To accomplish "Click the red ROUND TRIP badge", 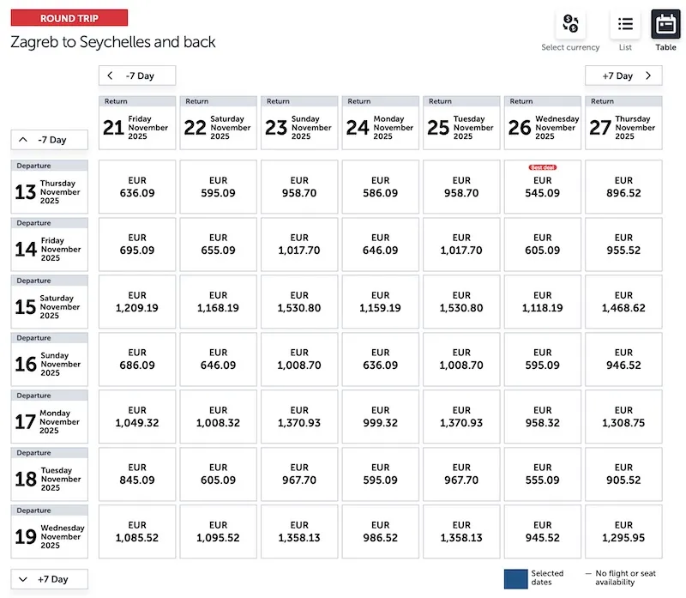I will click(x=69, y=18).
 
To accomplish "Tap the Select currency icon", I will click(x=570, y=24).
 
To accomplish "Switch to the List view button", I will click(x=625, y=24).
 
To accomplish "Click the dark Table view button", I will click(x=666, y=24).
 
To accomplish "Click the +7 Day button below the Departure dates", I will click(x=49, y=579).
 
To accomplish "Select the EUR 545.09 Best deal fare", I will click(x=543, y=187).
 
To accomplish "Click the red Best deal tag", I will click(x=543, y=168).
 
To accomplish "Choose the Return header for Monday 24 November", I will click(x=381, y=123).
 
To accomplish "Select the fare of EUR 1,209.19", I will click(x=137, y=301).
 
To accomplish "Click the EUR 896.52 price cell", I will click(x=623, y=187).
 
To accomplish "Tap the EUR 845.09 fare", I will click(x=137, y=474).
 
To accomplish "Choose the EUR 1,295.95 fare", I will click(x=623, y=531).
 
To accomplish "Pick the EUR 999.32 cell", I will click(x=381, y=416).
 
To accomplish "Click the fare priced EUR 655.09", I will click(x=219, y=244).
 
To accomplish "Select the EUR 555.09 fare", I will click(x=543, y=474).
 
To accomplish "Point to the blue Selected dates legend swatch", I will click(x=516, y=577).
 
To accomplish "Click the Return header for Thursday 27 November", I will click(x=623, y=123).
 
